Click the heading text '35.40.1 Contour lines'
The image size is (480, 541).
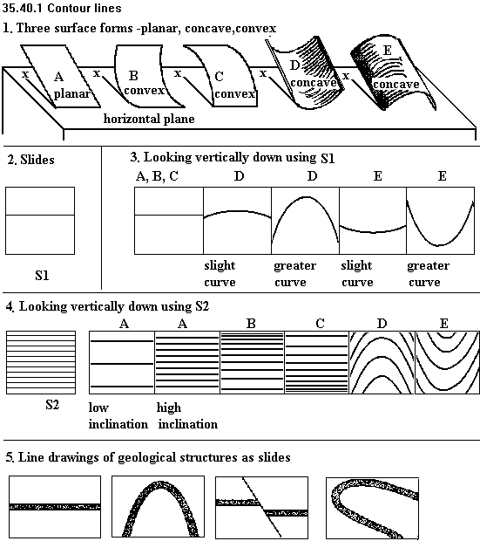pyautogui.click(x=62, y=8)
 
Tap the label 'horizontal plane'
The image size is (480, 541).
pyautogui.click(x=149, y=119)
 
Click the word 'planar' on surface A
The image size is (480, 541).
pyautogui.click(x=71, y=94)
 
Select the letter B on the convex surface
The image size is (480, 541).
pyautogui.click(x=133, y=75)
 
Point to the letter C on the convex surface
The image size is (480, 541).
pyautogui.click(x=219, y=76)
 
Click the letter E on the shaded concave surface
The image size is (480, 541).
pyautogui.click(x=388, y=51)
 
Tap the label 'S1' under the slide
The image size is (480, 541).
pyautogui.click(x=42, y=276)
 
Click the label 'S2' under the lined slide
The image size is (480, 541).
pyautogui.click(x=52, y=404)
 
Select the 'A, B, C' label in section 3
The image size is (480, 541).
pyautogui.click(x=157, y=176)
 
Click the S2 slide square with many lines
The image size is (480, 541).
pyautogui.click(x=41, y=362)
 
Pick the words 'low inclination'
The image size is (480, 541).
pyautogui.click(x=118, y=415)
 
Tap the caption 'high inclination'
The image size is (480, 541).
pyautogui.click(x=188, y=415)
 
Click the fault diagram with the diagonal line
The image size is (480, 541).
pyautogui.click(x=262, y=507)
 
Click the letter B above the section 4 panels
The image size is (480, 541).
pyautogui.click(x=251, y=324)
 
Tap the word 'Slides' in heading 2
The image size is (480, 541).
pyautogui.click(x=37, y=160)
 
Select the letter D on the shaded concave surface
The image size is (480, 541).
pyautogui.click(x=294, y=65)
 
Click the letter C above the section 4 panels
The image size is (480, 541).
pyautogui.click(x=320, y=324)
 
